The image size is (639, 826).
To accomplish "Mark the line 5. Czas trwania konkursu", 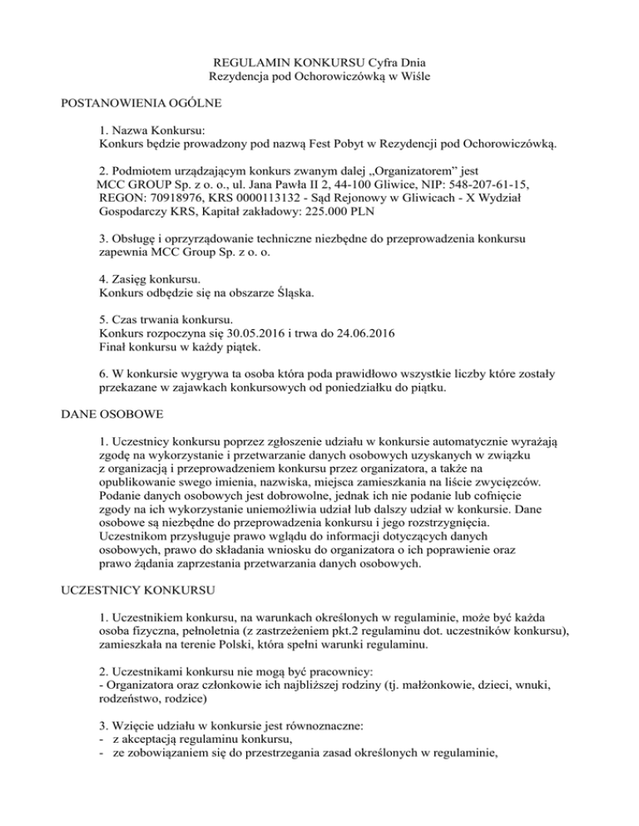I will pyautogui.click(x=166, y=318).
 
